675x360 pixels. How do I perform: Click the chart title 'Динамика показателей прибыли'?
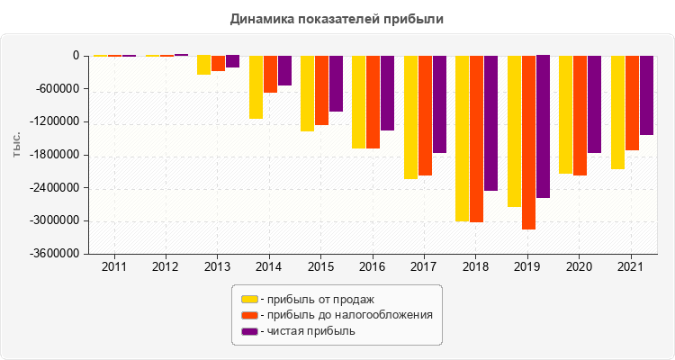[337, 18]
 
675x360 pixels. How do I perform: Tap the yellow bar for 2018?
[463, 138]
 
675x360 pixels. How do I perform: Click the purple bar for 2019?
[543, 126]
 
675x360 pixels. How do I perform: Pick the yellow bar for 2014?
[256, 87]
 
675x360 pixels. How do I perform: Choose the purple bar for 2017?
[439, 103]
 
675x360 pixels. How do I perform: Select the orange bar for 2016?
[373, 102]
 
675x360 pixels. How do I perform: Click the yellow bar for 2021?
[617, 112]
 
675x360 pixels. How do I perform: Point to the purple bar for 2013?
[232, 61]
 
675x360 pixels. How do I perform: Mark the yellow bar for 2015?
[308, 94]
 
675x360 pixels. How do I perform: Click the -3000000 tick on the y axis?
[56, 221]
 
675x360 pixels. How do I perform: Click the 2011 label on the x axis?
[114, 267]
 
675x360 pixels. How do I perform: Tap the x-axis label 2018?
[477, 267]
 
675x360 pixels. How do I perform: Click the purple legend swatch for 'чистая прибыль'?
[248, 331]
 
